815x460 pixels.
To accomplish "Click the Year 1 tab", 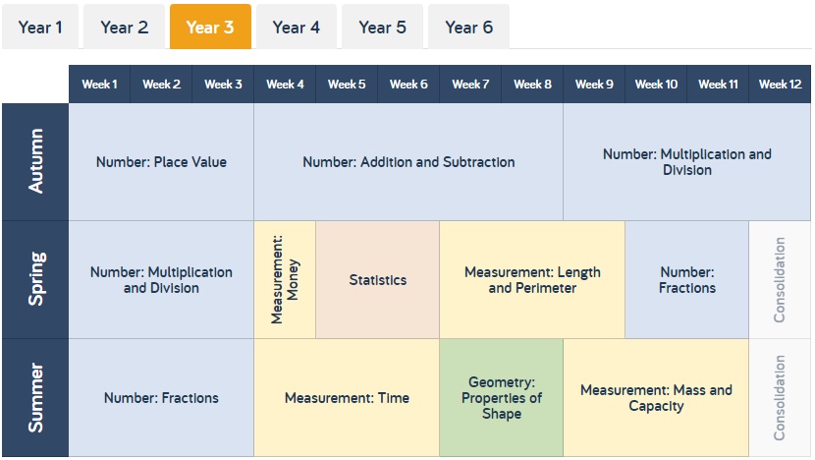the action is coord(40,27).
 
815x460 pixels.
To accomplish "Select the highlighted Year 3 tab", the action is coord(210,27).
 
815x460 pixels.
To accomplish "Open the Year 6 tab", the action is coord(468,27).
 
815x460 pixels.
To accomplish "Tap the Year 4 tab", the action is coord(297,27).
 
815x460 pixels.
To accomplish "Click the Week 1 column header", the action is coord(100,85).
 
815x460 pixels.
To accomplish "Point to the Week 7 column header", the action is coord(470,85).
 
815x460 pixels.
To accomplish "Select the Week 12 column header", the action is coord(780,85).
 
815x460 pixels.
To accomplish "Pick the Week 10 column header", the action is coord(656,85).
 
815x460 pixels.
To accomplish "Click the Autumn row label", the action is coord(35,162).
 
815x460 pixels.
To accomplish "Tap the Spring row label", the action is coord(35,279).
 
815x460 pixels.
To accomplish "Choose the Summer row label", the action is coord(35,397).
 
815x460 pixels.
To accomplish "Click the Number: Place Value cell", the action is coord(161,162).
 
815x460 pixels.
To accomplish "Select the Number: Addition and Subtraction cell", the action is coord(408,162).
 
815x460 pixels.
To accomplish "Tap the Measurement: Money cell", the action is coord(285,279).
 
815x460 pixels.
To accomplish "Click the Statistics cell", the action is coord(378,279).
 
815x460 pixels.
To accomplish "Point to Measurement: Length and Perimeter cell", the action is coord(532,279).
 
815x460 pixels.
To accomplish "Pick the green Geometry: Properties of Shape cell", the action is coord(502,397).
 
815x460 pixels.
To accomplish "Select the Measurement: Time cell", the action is coord(347,397).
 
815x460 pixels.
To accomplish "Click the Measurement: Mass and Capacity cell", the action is coord(656,397).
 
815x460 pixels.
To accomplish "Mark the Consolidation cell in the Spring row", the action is coord(780,279).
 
